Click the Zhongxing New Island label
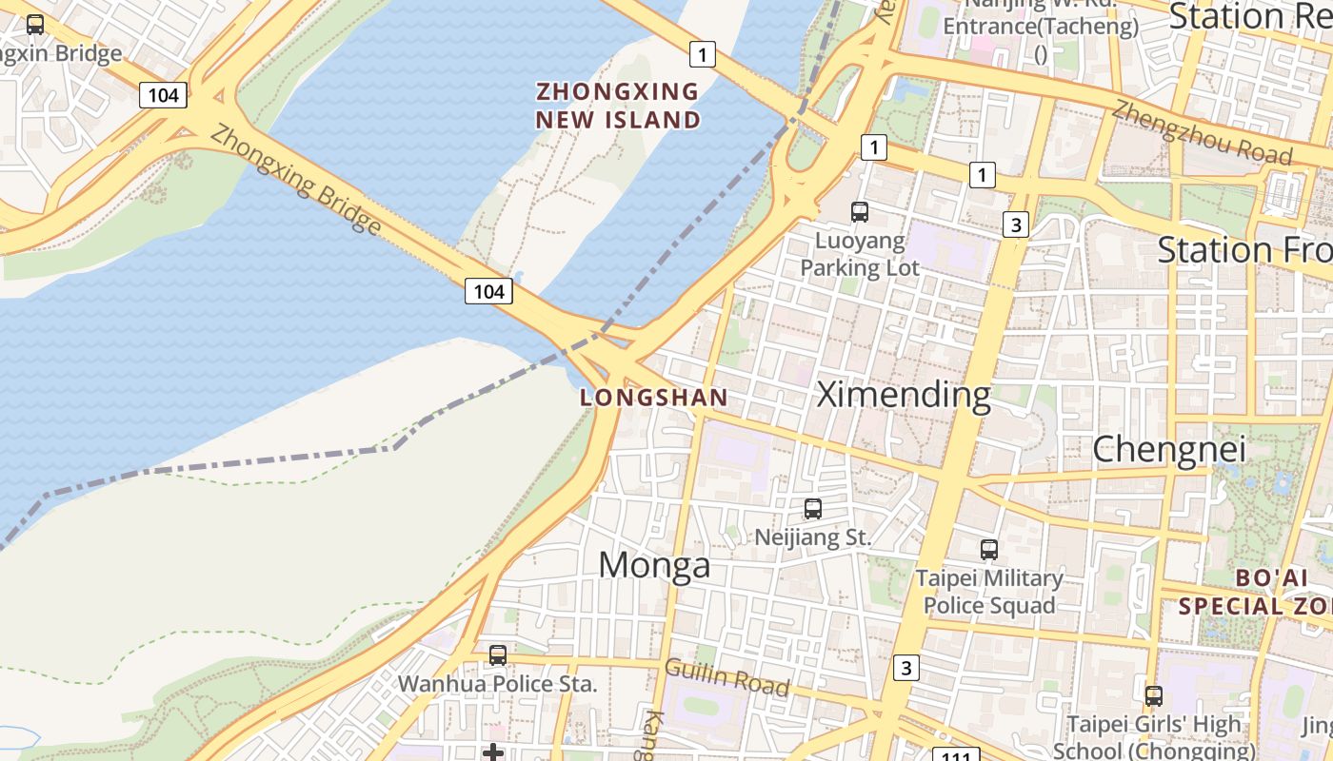pyautogui.click(x=618, y=106)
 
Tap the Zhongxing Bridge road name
pyautogui.click(x=295, y=179)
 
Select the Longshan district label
pyautogui.click(x=654, y=398)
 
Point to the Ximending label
pyautogui.click(x=904, y=395)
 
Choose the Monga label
pyautogui.click(x=654, y=565)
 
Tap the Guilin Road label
pyautogui.click(x=726, y=677)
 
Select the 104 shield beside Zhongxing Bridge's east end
pyautogui.click(x=488, y=291)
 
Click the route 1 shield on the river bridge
pyautogui.click(x=702, y=54)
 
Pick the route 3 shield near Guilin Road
pyautogui.click(x=905, y=668)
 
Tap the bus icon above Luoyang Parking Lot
pyautogui.click(x=859, y=212)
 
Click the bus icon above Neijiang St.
pyautogui.click(x=812, y=509)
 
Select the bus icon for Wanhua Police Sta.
pyautogui.click(x=497, y=654)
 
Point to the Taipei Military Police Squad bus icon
pyautogui.click(x=988, y=549)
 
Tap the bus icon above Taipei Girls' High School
pyautogui.click(x=1153, y=695)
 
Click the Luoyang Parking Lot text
pyautogui.click(x=859, y=254)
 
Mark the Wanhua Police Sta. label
pyautogui.click(x=497, y=683)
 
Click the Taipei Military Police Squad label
pyautogui.click(x=988, y=592)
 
